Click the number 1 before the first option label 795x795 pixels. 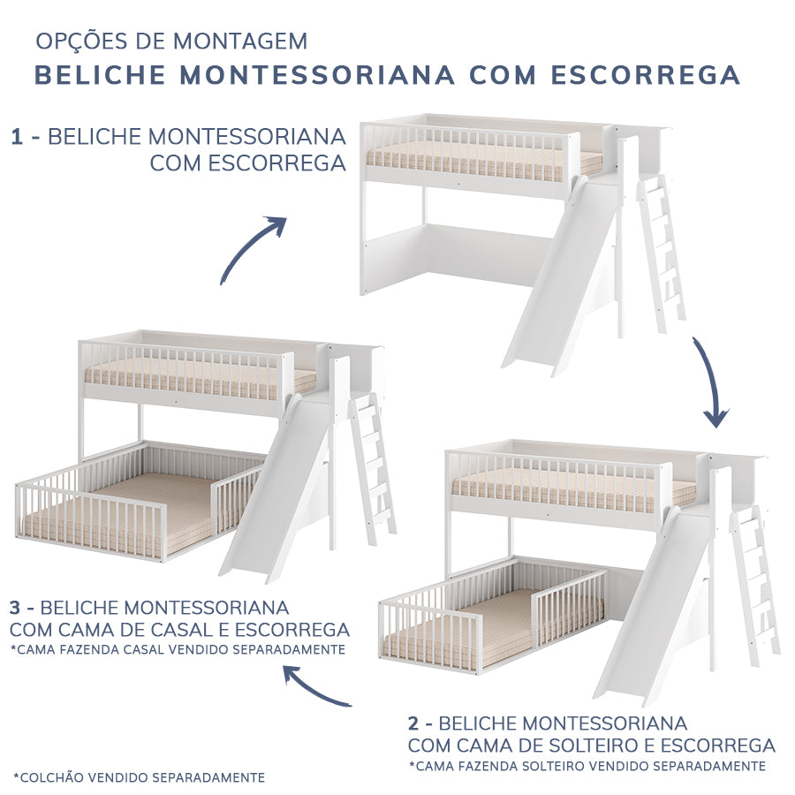click(17, 137)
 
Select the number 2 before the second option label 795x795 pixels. click(414, 723)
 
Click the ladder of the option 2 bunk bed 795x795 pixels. click(756, 583)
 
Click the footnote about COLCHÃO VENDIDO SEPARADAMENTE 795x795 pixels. click(140, 777)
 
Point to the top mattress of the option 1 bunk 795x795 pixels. click(477, 162)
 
